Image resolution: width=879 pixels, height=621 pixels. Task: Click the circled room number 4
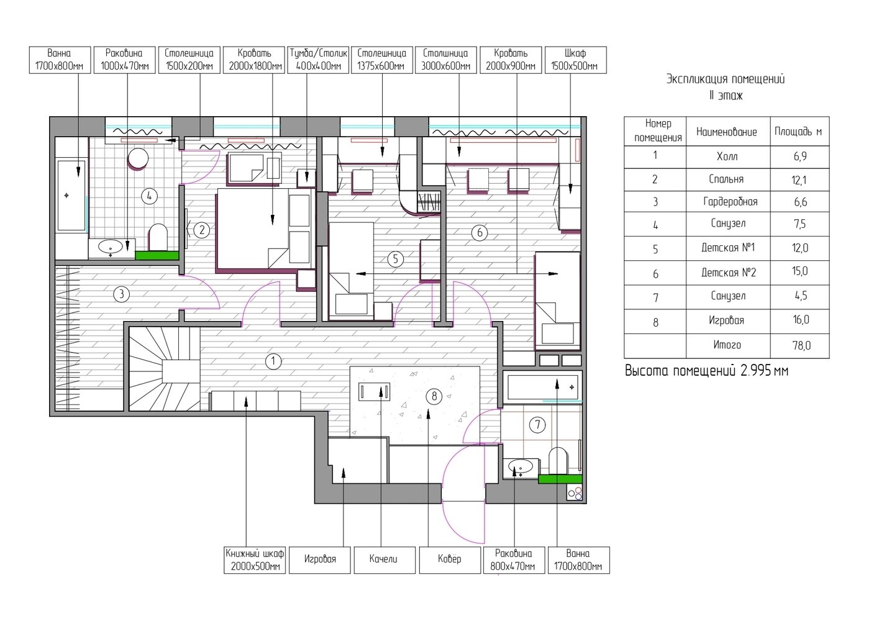149,196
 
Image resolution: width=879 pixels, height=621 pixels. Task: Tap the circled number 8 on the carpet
434,396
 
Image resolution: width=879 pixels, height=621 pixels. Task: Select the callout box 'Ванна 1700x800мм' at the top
60,60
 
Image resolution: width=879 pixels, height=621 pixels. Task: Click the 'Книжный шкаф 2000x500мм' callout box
255,560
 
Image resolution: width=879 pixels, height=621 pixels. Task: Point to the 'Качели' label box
385,560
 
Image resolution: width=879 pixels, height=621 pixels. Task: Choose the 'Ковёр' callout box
450,560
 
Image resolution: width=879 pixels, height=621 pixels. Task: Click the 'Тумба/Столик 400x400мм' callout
318,60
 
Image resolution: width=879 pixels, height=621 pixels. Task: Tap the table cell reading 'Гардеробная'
730,202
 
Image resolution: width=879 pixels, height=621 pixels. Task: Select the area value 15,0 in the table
799,271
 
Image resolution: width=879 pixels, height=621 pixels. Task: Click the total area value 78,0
801,346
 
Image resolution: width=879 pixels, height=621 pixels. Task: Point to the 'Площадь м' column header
798,132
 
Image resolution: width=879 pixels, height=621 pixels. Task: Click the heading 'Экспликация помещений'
726,79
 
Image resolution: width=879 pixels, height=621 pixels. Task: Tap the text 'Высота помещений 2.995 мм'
706,371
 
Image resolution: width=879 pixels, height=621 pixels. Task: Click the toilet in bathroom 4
158,237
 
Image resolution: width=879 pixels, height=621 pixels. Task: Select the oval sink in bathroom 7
521,468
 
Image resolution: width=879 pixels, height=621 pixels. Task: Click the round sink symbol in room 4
138,158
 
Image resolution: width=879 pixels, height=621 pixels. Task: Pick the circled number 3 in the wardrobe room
121,294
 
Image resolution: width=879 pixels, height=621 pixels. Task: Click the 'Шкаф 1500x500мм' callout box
576,60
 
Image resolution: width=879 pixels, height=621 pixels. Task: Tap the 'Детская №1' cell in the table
728,248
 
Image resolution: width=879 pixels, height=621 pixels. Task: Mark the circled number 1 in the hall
273,361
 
